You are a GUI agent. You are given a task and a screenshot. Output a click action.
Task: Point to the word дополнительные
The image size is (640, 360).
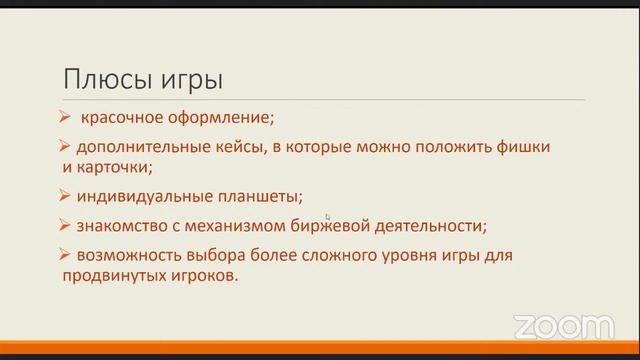[x=131, y=146]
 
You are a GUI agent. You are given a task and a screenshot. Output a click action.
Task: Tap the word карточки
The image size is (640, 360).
[x=113, y=167]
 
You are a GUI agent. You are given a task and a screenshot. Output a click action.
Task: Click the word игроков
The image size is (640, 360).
[x=207, y=278]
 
